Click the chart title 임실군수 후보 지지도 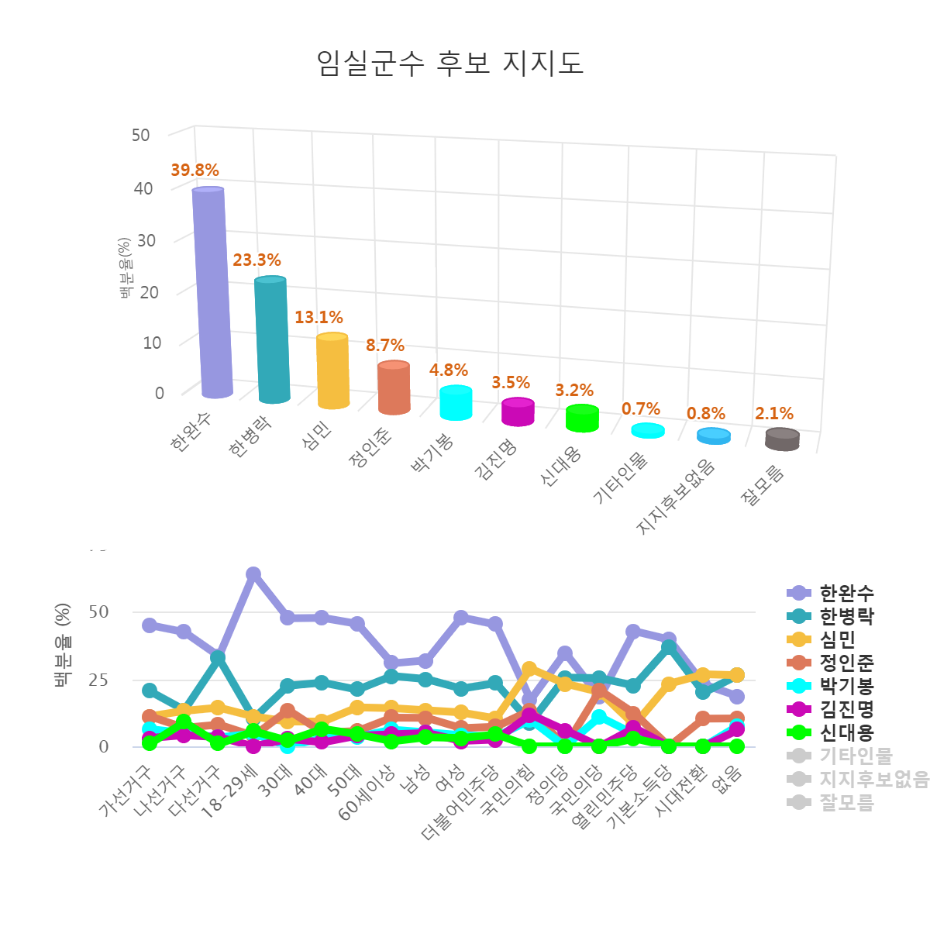[450, 63]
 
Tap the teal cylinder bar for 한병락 [272, 341]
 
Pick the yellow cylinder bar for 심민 [333, 371]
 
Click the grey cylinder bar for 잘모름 [782, 439]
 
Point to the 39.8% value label [195, 170]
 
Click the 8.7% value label [385, 346]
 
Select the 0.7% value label [641, 409]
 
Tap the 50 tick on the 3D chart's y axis [140, 135]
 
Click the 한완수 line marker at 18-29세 [253, 574]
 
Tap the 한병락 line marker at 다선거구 [219, 658]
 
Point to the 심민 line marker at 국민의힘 [530, 669]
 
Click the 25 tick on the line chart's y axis [98, 680]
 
